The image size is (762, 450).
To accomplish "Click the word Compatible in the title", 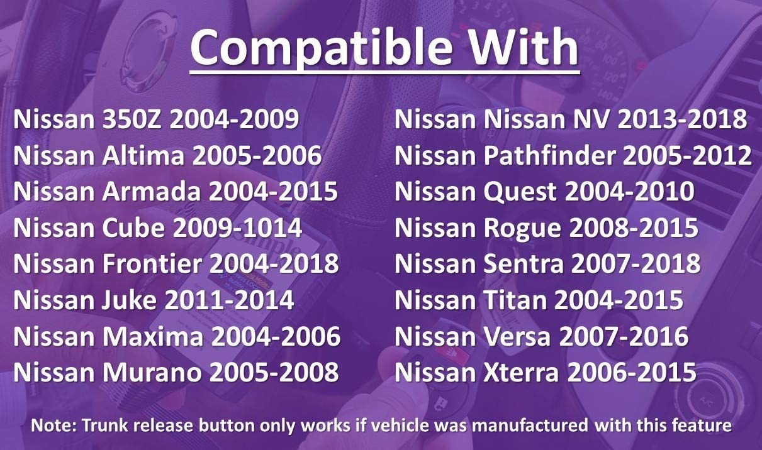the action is [x=322, y=48].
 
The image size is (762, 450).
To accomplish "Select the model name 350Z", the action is [x=132, y=119].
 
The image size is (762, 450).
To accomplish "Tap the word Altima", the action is [x=143, y=155].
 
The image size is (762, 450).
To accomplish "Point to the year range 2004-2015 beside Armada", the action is [x=273, y=191].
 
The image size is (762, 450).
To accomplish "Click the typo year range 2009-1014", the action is [x=237, y=228].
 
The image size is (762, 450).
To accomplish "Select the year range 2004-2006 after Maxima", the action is [x=276, y=336].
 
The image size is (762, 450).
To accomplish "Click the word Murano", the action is [x=152, y=372].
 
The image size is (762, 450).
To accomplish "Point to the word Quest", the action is [x=520, y=191].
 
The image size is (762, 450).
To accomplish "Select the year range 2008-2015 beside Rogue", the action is [x=634, y=228].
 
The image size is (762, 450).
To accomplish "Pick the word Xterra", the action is [x=521, y=372].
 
